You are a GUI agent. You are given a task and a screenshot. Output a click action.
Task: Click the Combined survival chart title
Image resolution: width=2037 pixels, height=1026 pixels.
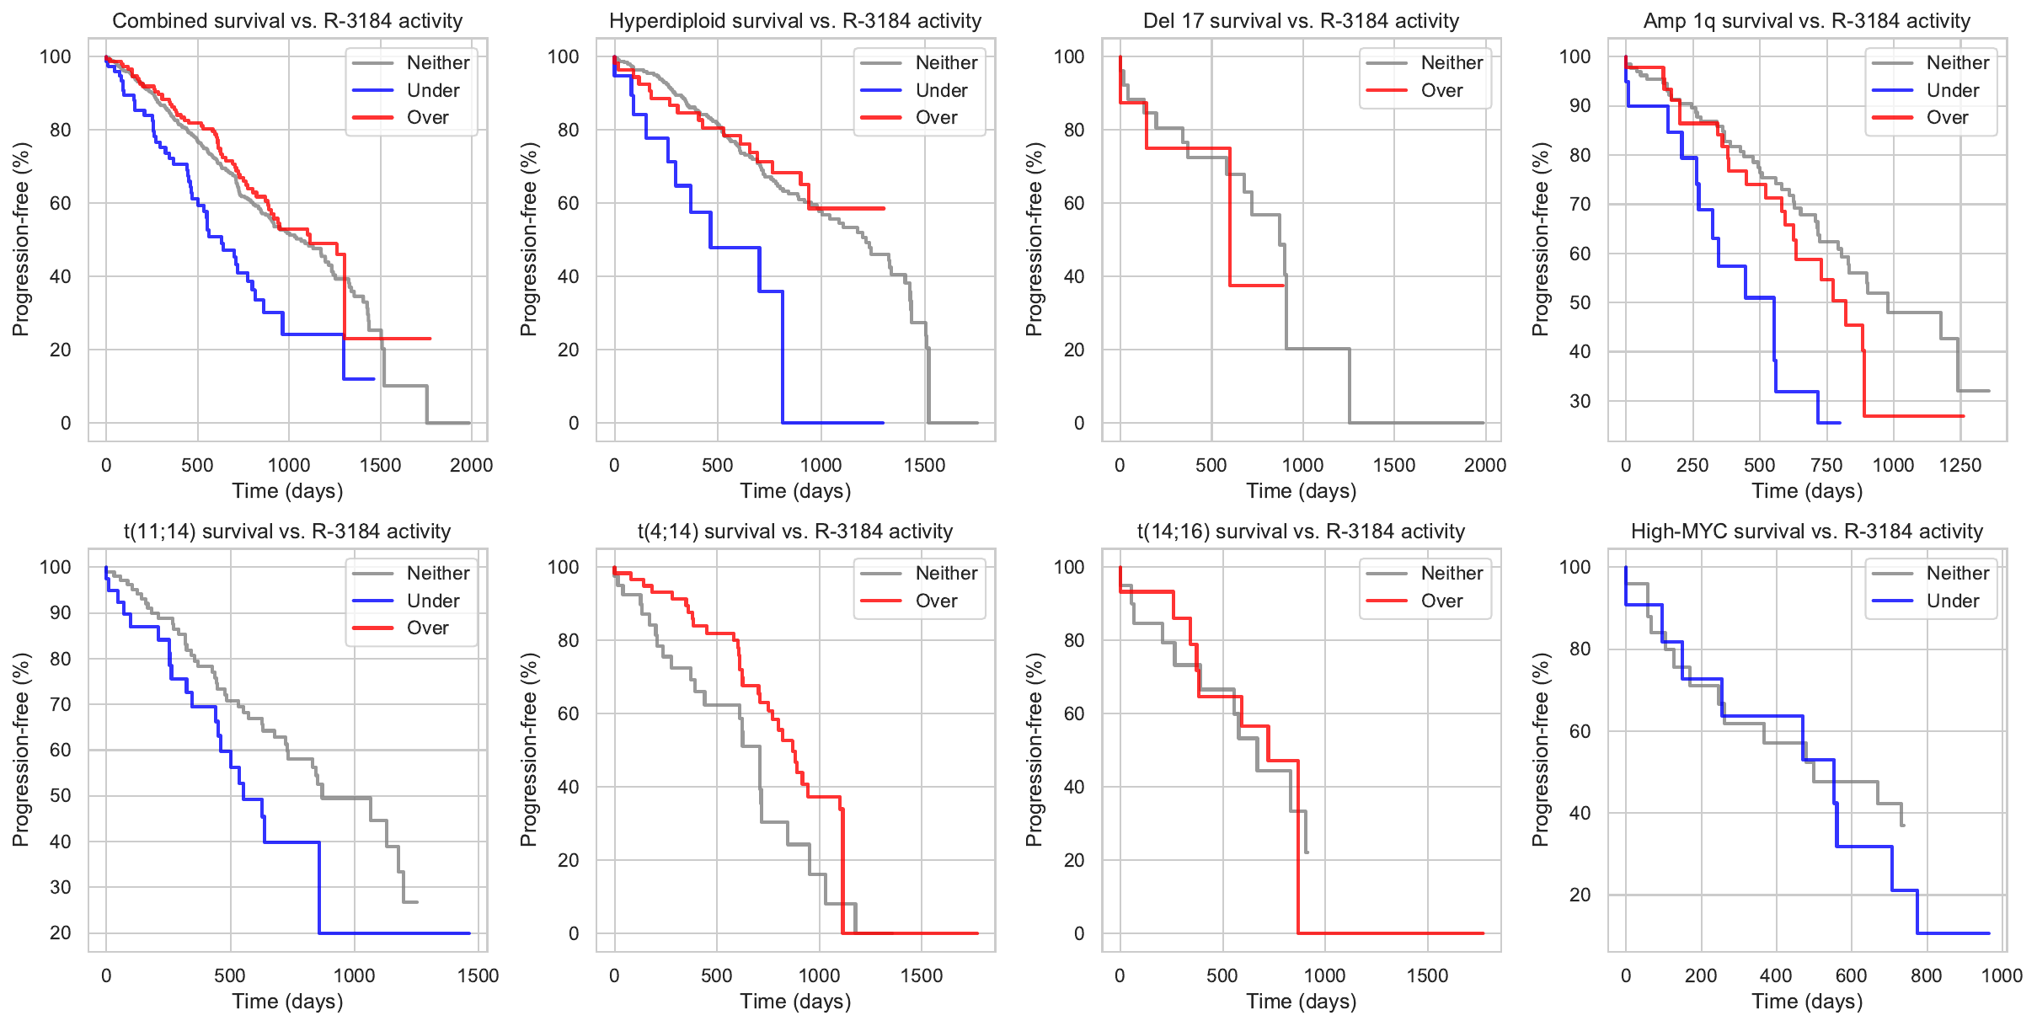287,21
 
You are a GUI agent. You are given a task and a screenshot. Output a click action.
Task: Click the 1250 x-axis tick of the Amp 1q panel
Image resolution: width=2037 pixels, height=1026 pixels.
1960,465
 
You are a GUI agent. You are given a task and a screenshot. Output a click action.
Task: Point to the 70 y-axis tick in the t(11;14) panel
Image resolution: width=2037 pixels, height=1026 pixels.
61,704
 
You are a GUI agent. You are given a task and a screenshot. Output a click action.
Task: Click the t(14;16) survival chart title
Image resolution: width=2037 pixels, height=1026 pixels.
1301,532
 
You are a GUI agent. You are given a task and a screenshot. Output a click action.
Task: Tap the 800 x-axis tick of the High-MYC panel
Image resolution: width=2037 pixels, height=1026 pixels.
1927,975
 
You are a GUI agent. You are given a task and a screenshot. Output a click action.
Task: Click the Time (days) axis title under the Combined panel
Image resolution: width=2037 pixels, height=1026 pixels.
287,491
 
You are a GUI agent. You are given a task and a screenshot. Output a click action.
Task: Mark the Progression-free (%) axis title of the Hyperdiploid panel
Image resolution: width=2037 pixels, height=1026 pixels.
528,239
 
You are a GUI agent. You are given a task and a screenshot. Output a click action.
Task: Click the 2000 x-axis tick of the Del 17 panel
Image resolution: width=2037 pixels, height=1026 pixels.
1485,465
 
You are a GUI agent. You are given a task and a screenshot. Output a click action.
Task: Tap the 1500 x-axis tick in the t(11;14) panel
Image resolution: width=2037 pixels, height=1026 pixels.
478,975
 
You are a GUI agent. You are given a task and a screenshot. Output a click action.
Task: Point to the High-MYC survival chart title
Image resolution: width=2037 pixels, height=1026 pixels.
1806,532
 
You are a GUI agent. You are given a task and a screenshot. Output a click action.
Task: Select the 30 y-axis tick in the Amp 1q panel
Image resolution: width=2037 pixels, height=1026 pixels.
1580,401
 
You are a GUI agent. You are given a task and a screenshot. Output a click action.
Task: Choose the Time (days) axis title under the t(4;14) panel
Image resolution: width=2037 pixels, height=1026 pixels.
795,1002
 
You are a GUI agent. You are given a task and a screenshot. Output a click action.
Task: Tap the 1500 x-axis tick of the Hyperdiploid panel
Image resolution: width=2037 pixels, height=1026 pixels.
924,465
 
